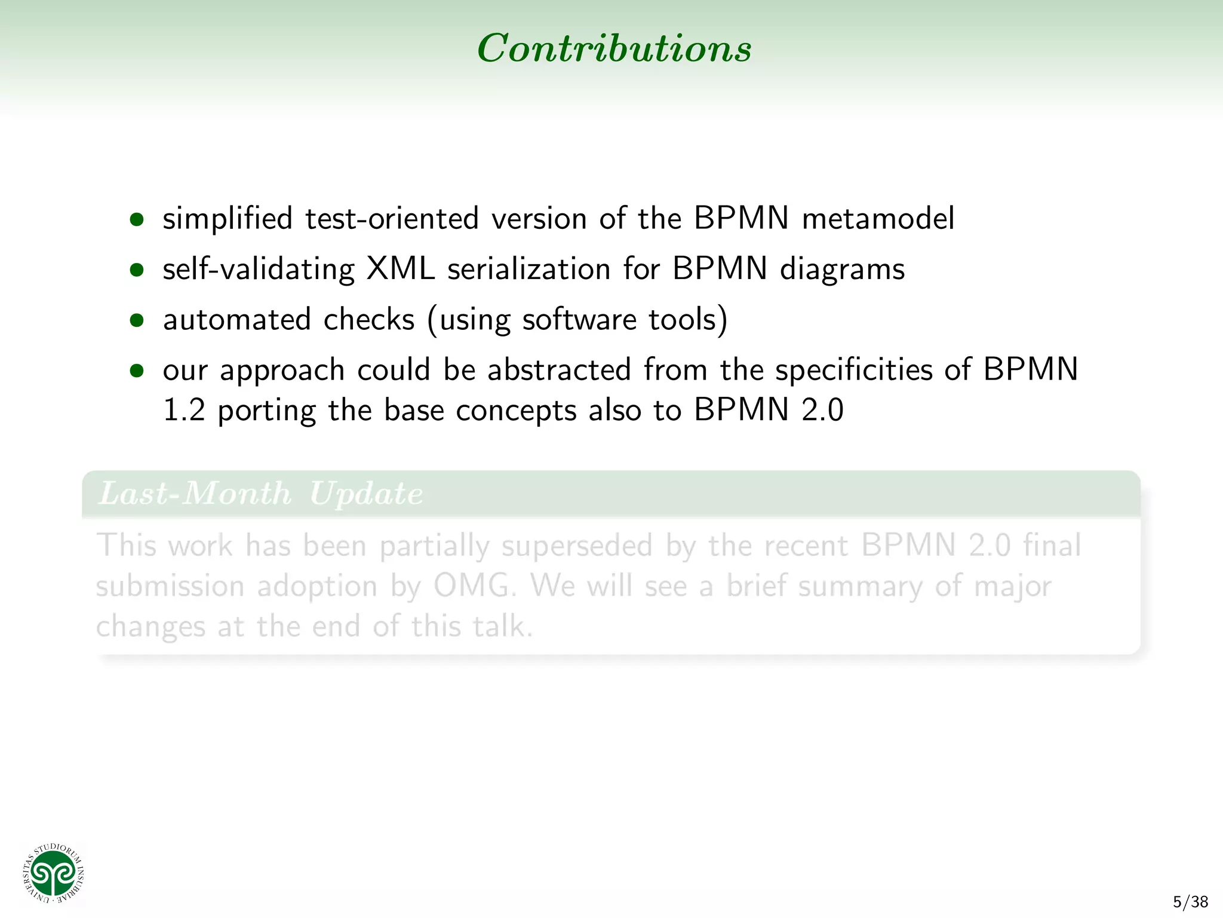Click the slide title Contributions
[x=614, y=48]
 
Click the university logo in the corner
[x=53, y=874]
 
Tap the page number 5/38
[x=1190, y=902]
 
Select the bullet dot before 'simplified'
[x=137, y=219]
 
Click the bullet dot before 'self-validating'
[x=137, y=270]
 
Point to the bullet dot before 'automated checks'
[x=137, y=320]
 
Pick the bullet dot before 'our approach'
[x=137, y=371]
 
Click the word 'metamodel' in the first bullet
[x=878, y=218]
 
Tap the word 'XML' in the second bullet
[x=400, y=269]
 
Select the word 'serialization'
[x=528, y=269]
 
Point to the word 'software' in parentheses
[x=579, y=320]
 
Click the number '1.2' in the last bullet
[x=184, y=411]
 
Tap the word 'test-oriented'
[x=392, y=218]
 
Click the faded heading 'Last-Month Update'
[x=260, y=494]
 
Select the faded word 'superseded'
[x=576, y=546]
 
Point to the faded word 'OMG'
[x=473, y=586]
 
